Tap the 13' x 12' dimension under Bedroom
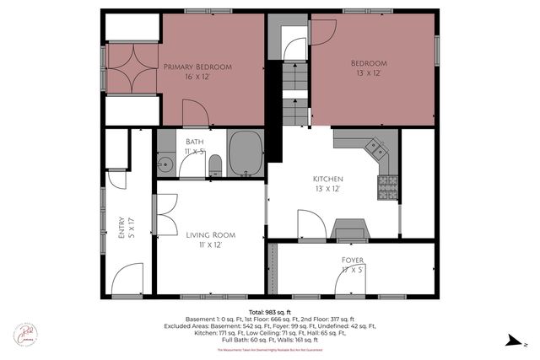pos(369,74)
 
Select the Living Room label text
pos(210,234)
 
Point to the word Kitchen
pos(329,180)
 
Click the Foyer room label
pos(353,261)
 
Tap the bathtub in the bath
pos(246,153)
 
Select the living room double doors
pos(167,209)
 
